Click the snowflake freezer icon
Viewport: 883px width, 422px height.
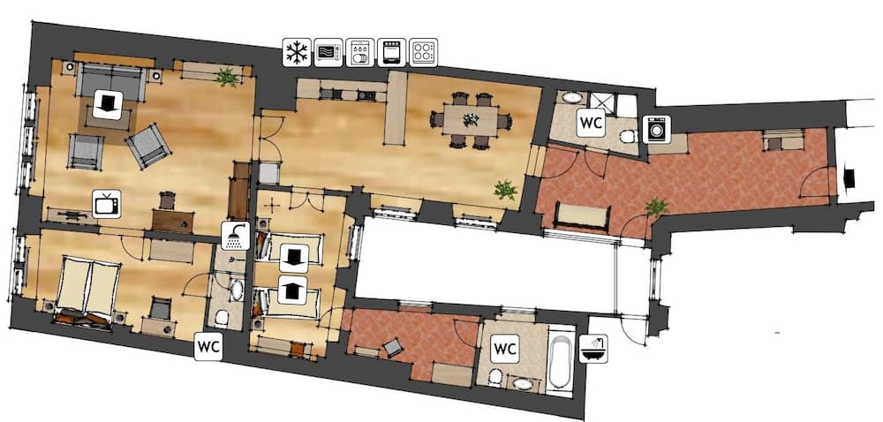point(296,53)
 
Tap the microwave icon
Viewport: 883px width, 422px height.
point(328,53)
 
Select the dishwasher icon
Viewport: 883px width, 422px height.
point(359,53)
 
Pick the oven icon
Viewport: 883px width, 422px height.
point(390,53)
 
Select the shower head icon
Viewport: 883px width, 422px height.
point(236,236)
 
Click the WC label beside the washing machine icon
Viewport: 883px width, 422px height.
point(590,123)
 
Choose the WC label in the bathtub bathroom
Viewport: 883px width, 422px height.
point(504,348)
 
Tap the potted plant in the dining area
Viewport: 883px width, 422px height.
point(505,189)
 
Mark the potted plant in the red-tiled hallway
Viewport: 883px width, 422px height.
point(655,207)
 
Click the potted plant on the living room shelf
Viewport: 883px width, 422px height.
point(227,78)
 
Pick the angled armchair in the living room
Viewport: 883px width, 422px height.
point(147,145)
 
